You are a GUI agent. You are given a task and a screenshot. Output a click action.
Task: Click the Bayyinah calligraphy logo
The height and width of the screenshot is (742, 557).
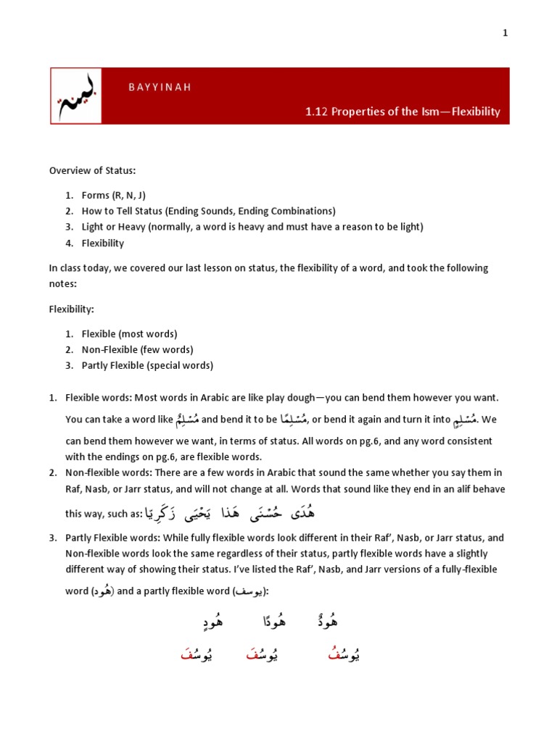point(76,96)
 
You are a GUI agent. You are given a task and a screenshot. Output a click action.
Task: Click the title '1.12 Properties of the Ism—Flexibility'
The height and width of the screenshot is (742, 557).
point(403,112)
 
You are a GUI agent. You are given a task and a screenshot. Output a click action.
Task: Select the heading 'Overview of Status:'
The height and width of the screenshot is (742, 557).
point(92,170)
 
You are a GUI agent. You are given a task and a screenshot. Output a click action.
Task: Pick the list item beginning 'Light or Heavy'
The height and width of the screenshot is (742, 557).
point(252,227)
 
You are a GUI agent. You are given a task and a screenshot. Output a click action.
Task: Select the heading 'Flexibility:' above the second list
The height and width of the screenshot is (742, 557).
point(72,309)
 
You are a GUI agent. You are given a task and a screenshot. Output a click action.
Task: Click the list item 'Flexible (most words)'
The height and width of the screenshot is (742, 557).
point(129,334)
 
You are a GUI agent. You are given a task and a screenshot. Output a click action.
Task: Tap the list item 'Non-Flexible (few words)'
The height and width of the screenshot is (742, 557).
point(137,350)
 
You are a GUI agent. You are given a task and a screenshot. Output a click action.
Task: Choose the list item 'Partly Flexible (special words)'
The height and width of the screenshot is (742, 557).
point(147,365)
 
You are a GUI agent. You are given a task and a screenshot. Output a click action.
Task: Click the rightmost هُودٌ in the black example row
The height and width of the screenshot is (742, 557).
point(327,622)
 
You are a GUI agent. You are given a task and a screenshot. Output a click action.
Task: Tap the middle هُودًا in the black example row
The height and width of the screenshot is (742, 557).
point(271,622)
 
